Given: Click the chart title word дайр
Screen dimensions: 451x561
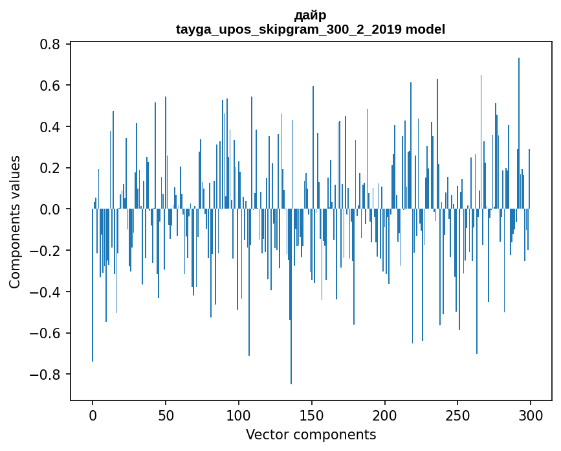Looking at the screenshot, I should (x=311, y=15).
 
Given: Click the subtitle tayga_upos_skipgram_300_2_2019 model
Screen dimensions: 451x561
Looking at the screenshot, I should (x=311, y=29).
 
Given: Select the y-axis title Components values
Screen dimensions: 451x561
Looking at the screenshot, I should (x=15, y=222).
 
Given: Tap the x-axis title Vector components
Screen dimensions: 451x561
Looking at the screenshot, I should (x=311, y=434).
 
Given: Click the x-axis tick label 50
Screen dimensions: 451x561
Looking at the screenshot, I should (x=166, y=415).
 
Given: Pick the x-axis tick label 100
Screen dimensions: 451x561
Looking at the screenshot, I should (x=239, y=415).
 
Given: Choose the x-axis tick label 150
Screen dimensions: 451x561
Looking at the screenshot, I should (x=311, y=415).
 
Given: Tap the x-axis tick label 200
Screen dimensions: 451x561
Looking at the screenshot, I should (x=384, y=415).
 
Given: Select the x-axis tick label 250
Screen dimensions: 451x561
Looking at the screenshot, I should (x=457, y=415).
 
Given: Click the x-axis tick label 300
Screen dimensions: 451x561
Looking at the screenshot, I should (x=531, y=415).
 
